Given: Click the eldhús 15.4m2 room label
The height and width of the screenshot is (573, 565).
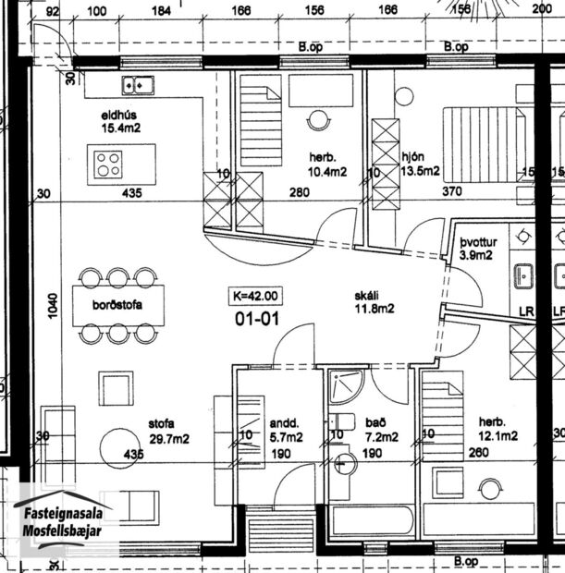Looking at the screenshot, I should coord(120,122).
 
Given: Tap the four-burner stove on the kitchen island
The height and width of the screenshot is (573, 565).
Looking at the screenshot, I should coord(107,165).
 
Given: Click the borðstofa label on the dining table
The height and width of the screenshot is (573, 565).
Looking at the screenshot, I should coord(117,305).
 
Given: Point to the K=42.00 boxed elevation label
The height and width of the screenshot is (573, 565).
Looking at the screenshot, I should coord(255,297).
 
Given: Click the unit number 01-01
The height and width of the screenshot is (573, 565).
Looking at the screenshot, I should coord(255,318).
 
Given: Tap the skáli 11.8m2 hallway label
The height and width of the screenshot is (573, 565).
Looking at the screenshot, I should coord(373,303).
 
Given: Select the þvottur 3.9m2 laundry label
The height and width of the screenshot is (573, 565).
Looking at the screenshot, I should coord(481,247).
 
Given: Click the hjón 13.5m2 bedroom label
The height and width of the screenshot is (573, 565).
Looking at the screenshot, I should coord(419,164).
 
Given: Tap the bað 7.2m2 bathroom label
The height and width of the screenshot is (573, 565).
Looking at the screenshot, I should coord(380,429).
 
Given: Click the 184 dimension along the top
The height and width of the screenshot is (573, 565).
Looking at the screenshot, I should coord(162,10).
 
